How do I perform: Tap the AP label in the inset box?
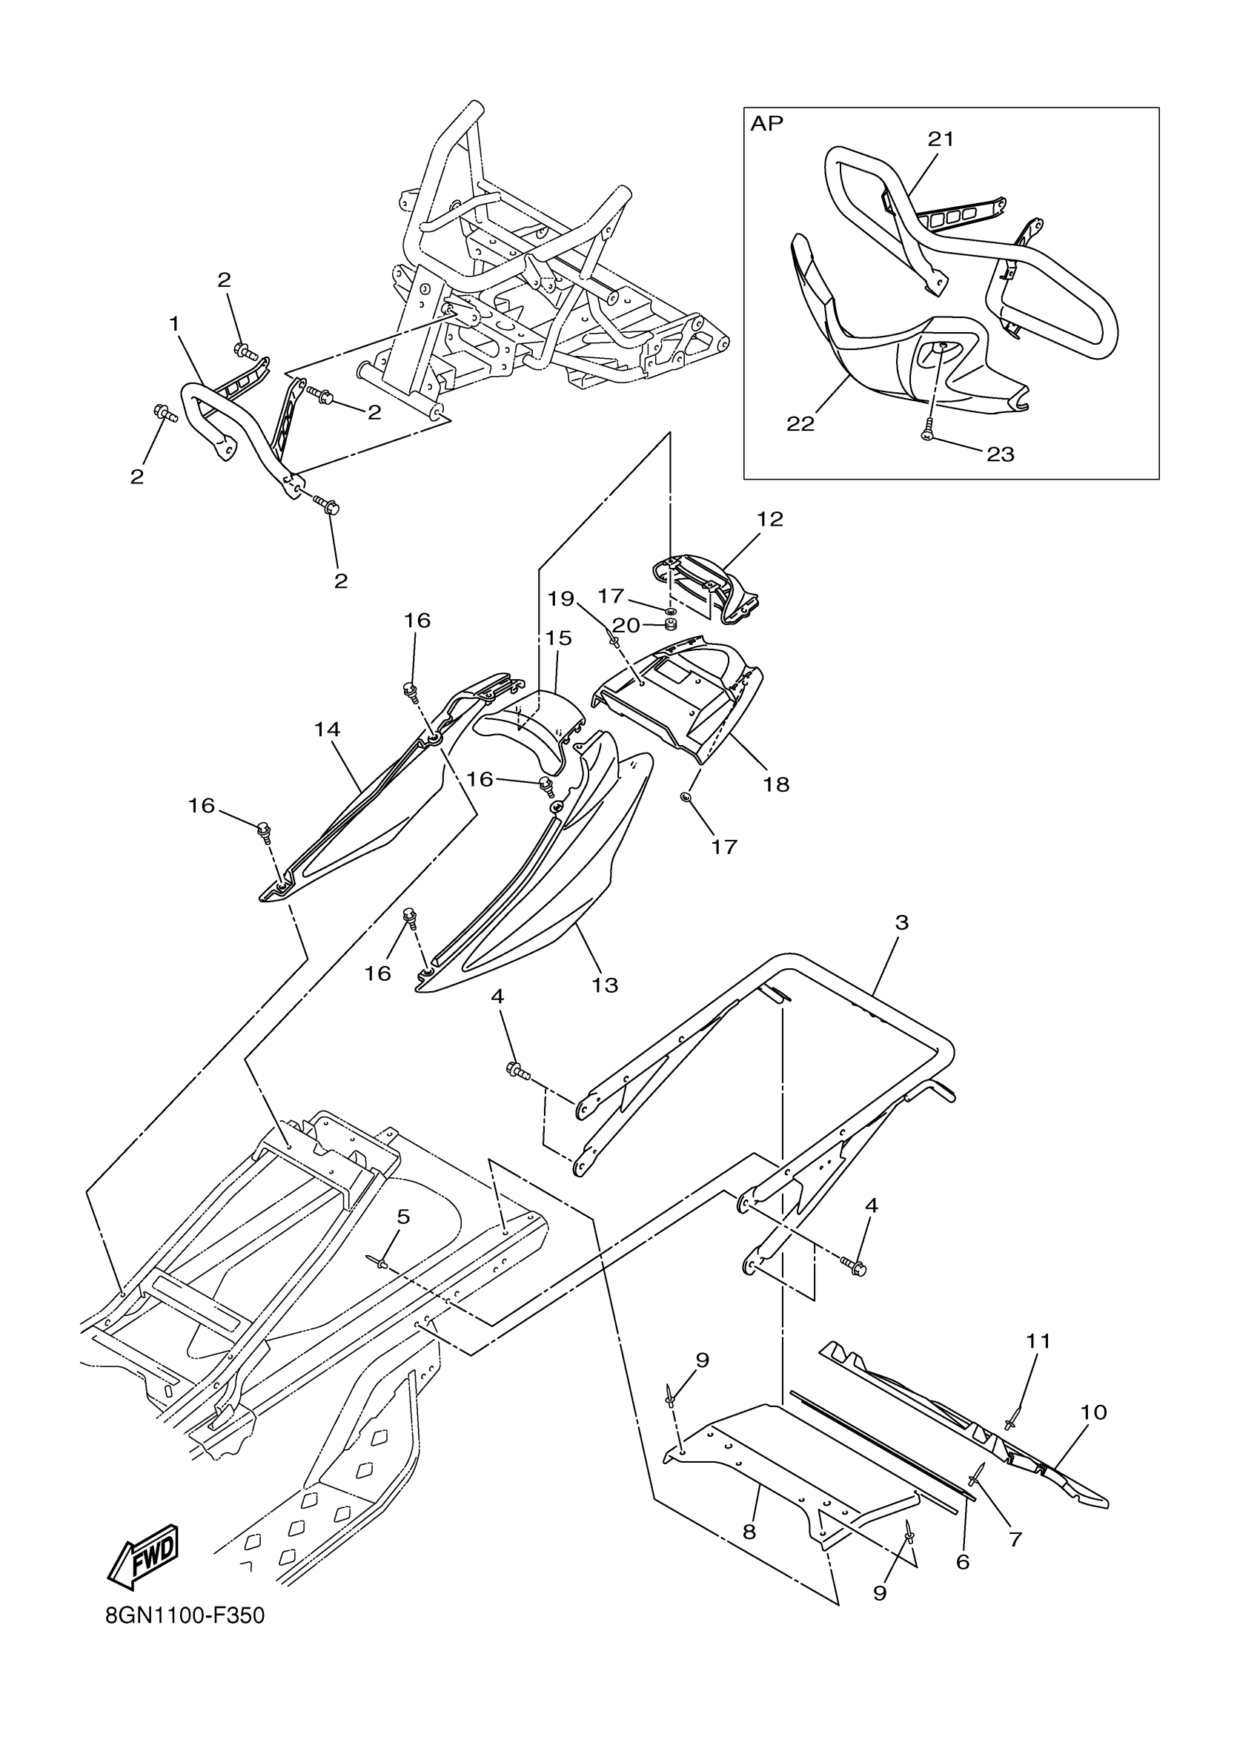(767, 124)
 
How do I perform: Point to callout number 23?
(1000, 455)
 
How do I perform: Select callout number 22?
(800, 423)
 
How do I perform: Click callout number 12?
(770, 520)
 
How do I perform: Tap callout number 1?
(174, 325)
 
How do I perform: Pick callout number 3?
(902, 922)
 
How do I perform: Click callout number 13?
(605, 985)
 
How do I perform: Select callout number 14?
(327, 729)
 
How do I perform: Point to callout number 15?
(559, 638)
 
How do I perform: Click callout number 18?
(776, 784)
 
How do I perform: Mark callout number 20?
(626, 625)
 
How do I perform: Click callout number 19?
(560, 598)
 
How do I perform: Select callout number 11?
(1038, 1341)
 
